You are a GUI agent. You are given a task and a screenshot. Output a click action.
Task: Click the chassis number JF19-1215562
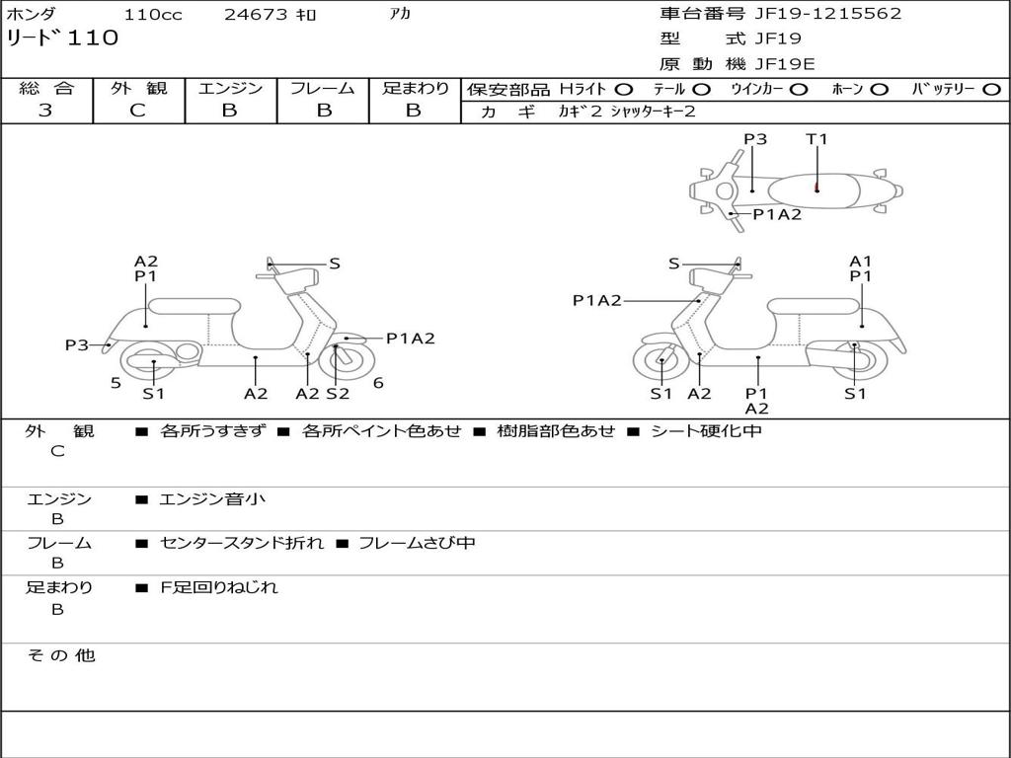click(828, 14)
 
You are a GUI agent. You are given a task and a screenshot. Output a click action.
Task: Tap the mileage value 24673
click(256, 14)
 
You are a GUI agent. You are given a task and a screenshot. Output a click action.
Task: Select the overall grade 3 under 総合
click(45, 111)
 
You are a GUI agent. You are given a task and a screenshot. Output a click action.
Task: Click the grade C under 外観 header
click(137, 111)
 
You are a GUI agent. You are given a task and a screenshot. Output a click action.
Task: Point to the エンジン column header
click(230, 88)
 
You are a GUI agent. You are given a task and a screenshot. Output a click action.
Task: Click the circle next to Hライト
click(624, 90)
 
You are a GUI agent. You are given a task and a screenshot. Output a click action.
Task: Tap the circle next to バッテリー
click(991, 90)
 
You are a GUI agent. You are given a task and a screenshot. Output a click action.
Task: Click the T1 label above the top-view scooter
click(817, 138)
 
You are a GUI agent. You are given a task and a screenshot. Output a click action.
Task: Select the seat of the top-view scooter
click(814, 190)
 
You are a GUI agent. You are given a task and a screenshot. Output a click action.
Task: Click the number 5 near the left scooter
click(116, 383)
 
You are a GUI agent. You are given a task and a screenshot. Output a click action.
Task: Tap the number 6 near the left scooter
click(378, 383)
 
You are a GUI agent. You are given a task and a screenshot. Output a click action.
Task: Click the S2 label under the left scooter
click(338, 394)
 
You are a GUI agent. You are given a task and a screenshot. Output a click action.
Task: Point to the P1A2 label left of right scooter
click(597, 300)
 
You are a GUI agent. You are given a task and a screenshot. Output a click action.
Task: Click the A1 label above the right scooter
click(860, 261)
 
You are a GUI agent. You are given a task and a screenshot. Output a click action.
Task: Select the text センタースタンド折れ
click(242, 543)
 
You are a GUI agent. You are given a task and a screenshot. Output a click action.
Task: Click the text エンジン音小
click(212, 498)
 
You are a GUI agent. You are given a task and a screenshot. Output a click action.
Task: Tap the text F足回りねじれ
click(219, 587)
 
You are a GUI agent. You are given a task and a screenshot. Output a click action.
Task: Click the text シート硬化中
click(707, 430)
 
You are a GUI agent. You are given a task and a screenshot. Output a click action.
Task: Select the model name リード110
click(62, 38)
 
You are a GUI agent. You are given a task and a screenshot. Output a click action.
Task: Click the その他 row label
click(60, 655)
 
